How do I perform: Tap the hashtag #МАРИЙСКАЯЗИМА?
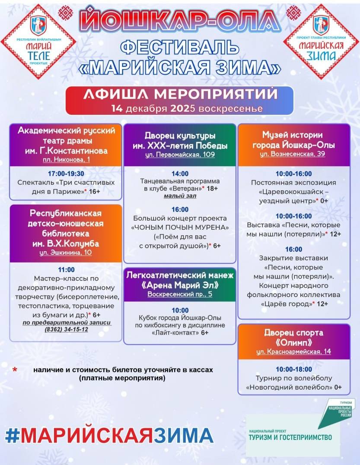(109, 435)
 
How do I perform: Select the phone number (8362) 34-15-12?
(66, 329)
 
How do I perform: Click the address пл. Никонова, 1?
(66, 160)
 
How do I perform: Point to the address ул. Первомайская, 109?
(179, 155)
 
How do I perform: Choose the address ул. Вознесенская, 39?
(293, 154)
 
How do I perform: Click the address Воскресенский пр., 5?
(179, 294)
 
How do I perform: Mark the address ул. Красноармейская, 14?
(293, 351)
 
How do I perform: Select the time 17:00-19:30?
(66, 174)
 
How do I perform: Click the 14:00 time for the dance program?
(179, 173)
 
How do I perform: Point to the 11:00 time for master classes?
(66, 270)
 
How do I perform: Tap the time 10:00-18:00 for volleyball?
(293, 369)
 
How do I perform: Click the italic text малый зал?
(179, 196)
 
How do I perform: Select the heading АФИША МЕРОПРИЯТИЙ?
(179, 94)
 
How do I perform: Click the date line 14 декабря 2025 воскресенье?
(179, 108)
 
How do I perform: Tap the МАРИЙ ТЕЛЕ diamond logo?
(38, 41)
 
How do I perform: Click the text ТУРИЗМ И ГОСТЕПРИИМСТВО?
(290, 437)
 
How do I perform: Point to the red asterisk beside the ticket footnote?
(15, 370)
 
